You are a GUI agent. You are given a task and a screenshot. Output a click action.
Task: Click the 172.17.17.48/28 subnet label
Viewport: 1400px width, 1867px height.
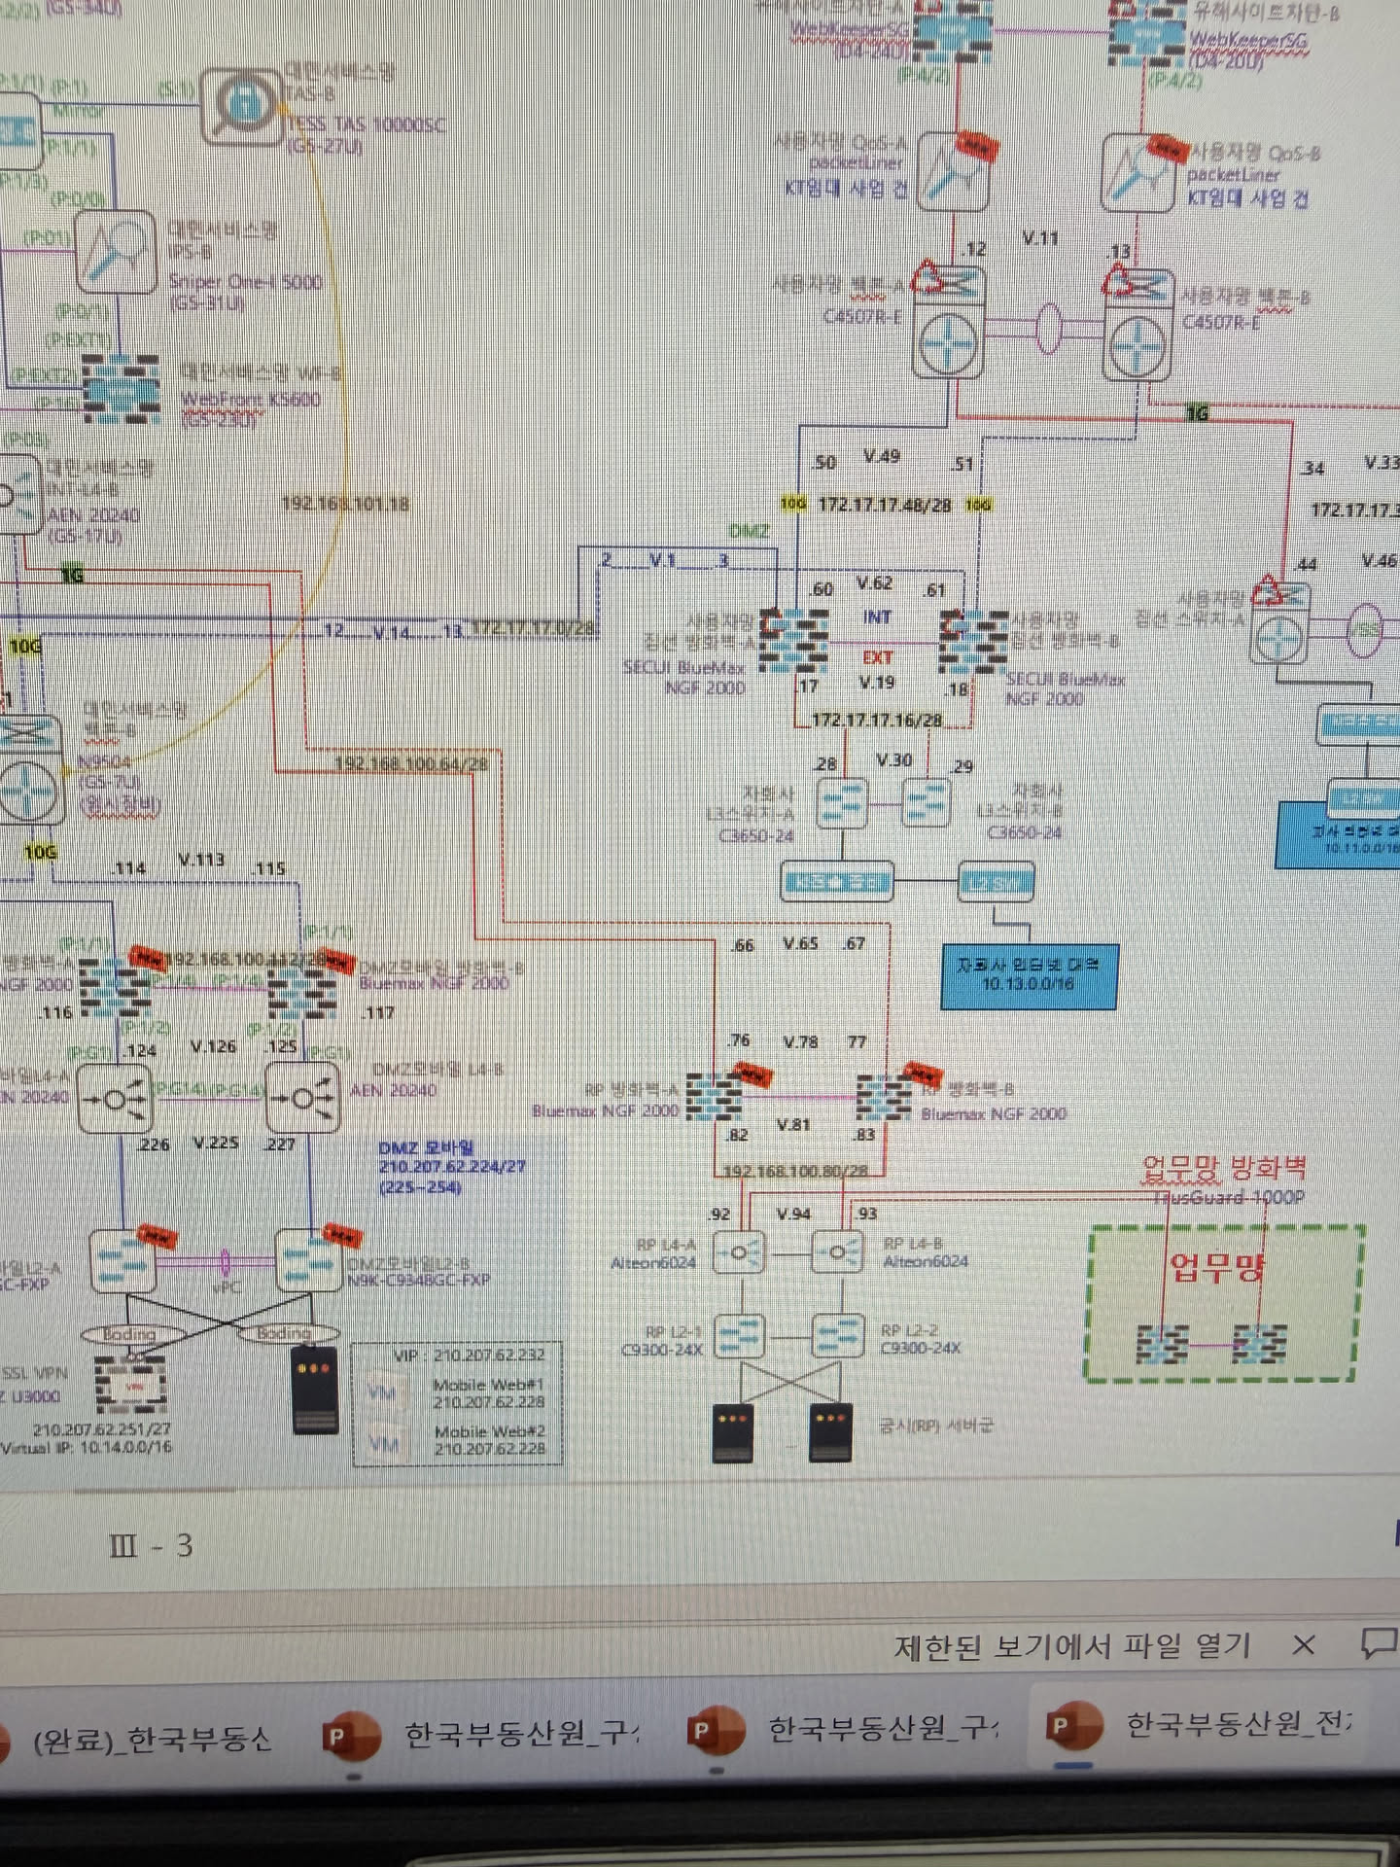(884, 505)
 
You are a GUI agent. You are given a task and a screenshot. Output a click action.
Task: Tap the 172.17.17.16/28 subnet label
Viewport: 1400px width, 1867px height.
(876, 721)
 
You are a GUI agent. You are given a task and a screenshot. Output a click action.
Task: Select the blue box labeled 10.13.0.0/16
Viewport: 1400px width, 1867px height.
(1029, 975)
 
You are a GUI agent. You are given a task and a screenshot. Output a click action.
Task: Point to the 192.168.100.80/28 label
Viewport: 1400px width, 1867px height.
(796, 1171)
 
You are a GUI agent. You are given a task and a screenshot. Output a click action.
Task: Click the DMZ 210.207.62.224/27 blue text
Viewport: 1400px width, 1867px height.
(451, 1167)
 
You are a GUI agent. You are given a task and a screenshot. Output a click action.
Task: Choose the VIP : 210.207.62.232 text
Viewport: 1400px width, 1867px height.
(469, 1355)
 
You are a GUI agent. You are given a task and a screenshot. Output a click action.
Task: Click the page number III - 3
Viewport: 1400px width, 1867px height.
(152, 1545)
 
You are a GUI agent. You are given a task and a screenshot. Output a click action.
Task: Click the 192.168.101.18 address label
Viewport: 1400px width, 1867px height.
(345, 504)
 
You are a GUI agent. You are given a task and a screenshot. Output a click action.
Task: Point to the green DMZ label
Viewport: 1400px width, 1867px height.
(749, 531)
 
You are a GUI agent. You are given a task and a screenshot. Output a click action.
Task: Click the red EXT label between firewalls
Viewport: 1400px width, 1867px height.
(877, 658)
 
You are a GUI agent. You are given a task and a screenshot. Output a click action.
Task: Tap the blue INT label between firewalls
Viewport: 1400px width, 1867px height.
(877, 617)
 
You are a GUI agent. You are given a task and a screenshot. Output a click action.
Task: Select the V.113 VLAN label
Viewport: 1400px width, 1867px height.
(201, 860)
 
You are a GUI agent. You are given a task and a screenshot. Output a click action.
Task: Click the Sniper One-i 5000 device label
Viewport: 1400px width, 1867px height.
(245, 282)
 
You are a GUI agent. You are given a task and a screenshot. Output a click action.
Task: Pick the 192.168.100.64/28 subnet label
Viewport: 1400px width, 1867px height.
(410, 764)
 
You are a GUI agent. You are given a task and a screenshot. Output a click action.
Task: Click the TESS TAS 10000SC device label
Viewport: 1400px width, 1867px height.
(365, 124)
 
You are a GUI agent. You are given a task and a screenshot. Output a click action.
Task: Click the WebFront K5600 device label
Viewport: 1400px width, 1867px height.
(250, 400)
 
